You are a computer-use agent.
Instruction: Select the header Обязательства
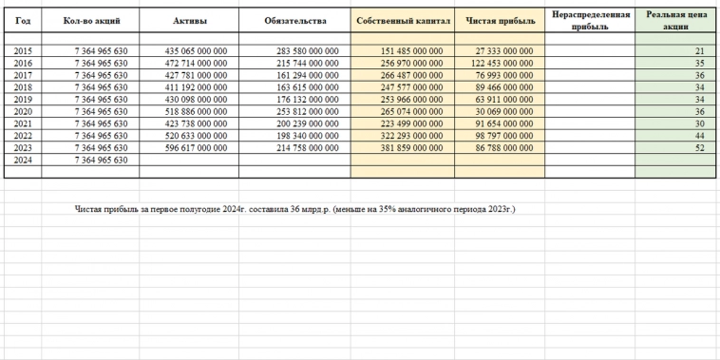[x=295, y=20]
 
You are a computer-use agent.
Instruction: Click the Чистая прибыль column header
[x=499, y=20]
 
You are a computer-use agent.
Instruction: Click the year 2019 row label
[x=24, y=99]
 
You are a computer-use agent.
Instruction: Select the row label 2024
[x=24, y=161]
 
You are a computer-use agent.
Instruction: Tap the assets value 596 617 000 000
[x=196, y=148]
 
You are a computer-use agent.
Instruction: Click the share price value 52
[x=698, y=148]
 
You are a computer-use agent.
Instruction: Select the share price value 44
[x=698, y=136]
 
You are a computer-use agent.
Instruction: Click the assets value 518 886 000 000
[x=196, y=111]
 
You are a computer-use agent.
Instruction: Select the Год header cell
[x=24, y=20]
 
